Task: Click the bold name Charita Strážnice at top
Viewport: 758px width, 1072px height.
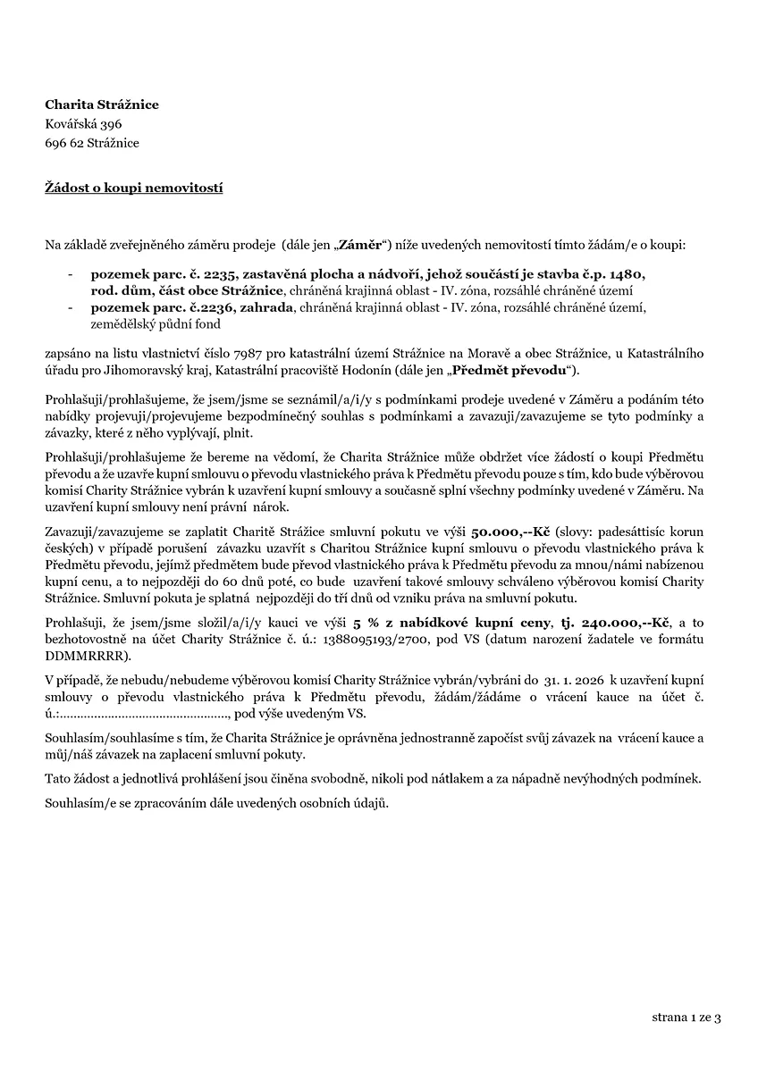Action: point(102,105)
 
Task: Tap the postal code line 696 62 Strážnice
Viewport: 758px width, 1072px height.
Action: point(92,143)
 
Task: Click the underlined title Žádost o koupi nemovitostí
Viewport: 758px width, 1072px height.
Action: point(134,188)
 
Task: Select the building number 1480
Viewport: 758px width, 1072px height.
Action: point(625,272)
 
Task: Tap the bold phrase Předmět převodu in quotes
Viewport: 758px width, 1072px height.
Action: point(510,369)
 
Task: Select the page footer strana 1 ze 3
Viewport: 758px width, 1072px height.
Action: point(686,1017)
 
